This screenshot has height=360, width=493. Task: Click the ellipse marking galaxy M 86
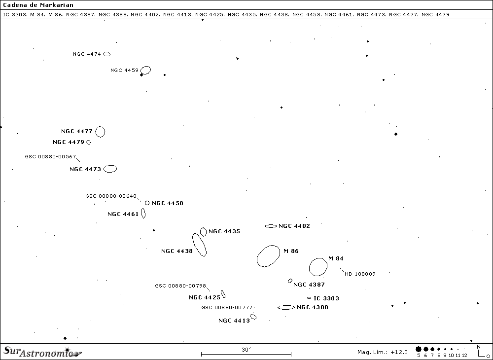coord(268,256)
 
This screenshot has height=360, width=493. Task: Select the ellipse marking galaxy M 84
coord(318,267)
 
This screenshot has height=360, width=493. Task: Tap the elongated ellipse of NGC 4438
coord(199,245)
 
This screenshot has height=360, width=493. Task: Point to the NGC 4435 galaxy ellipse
coord(203,232)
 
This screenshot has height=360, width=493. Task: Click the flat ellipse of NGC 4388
coord(286,307)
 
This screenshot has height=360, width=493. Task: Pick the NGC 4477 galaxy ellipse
coord(100,132)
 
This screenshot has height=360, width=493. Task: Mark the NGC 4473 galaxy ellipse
coord(110,169)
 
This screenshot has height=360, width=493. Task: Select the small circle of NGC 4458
coord(147,203)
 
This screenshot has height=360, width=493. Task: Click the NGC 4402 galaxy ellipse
coord(271,226)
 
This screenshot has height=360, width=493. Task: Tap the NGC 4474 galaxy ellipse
coord(106,54)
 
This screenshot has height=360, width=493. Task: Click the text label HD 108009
coord(360,274)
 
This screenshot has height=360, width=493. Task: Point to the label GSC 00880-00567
coord(50,156)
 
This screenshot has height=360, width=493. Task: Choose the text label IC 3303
coord(326,298)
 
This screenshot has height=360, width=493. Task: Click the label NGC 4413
coord(234,321)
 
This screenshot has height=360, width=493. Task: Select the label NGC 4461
coord(123,214)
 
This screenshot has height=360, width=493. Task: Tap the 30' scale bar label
coord(246,349)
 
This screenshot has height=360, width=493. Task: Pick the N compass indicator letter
coord(478,347)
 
